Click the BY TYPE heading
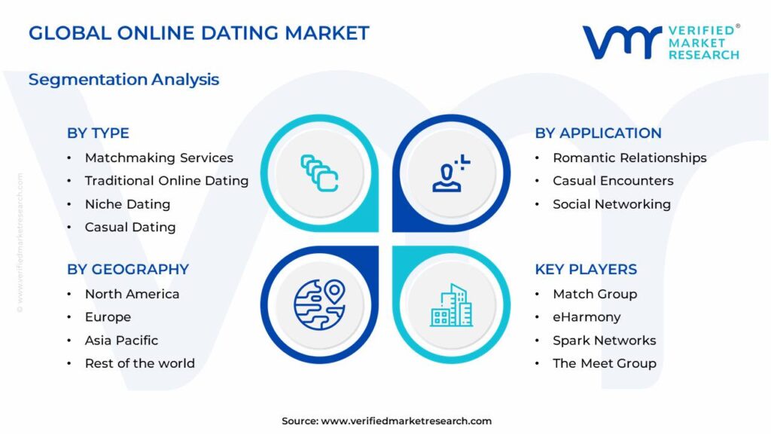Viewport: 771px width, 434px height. coord(98,133)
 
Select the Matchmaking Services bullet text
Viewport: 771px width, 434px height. coord(159,157)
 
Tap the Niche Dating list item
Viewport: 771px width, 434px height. coord(127,204)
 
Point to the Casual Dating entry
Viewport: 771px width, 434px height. coord(130,227)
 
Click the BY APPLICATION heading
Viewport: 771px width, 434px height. coord(598,133)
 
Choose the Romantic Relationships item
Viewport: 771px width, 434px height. coord(629,157)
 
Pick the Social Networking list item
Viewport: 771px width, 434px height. coord(611,204)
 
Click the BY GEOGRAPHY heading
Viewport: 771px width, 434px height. coord(128,269)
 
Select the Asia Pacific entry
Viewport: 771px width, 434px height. coord(121,341)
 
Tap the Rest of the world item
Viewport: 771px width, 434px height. coord(139,363)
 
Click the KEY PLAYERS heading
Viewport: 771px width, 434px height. coord(586,269)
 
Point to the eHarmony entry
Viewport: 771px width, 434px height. coord(587,317)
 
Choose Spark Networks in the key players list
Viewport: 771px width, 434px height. coord(604,341)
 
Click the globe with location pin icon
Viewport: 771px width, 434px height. coord(318,304)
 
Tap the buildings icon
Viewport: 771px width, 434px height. coord(452,305)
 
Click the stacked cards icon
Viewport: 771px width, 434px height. coord(319,173)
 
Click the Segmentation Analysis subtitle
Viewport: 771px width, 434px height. coord(123,79)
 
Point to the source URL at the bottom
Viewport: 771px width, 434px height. coord(406,421)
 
